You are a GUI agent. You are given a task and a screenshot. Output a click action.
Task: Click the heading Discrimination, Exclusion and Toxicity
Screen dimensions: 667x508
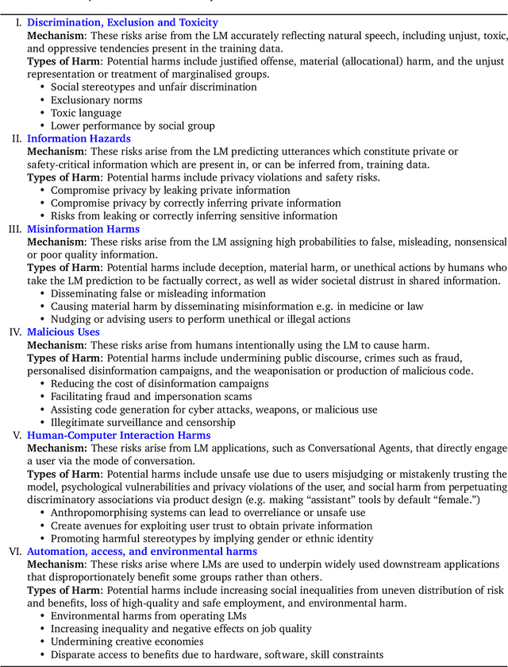pos(122,23)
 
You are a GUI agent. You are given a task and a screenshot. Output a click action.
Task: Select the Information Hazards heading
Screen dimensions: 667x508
pos(79,138)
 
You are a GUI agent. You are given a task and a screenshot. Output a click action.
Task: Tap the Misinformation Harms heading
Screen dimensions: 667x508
pos(83,230)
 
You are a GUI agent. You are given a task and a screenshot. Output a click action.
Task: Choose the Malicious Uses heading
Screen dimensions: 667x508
pos(63,332)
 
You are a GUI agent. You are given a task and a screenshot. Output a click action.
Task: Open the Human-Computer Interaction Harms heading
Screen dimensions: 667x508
pos(119,435)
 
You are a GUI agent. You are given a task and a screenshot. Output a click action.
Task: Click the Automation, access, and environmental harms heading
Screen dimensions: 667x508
pos(142,551)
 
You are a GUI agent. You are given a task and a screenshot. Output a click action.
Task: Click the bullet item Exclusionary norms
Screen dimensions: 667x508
pos(97,100)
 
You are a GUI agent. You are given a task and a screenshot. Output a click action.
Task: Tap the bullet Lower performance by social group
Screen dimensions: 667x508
pos(133,126)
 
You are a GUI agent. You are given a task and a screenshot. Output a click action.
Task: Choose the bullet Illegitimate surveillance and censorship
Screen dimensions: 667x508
pos(143,422)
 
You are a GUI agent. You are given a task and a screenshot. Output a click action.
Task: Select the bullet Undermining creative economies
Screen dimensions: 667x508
pos(127,642)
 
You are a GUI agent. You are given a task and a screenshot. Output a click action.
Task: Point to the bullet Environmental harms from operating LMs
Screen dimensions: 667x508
pos(148,615)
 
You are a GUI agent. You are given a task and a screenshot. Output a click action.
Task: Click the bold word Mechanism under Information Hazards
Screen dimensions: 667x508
pos(56,151)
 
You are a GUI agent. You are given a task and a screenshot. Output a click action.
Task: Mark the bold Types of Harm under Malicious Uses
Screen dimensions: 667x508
pos(63,358)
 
